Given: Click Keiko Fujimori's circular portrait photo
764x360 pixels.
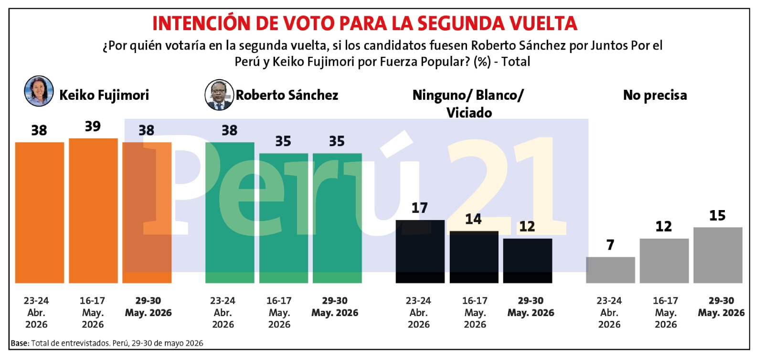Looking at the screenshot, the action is click(x=39, y=91).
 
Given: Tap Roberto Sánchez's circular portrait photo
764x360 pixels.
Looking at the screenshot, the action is click(x=219, y=95).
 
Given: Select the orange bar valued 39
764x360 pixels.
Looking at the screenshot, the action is click(x=93, y=211).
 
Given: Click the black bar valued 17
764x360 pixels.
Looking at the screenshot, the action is click(x=420, y=252).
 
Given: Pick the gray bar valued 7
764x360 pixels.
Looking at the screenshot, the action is click(x=611, y=270).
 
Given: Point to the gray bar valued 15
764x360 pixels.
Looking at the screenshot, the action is click(x=718, y=255).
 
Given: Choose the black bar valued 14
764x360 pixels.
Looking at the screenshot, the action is click(x=474, y=257).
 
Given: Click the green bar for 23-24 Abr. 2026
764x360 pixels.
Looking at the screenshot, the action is click(x=230, y=213).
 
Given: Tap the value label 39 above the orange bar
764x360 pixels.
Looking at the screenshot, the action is click(x=93, y=126).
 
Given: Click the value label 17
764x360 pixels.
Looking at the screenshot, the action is click(x=420, y=208).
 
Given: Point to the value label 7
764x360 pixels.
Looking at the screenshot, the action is click(x=610, y=245).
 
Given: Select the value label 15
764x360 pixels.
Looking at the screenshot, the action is click(x=718, y=215).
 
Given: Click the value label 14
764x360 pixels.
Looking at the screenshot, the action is click(x=473, y=219).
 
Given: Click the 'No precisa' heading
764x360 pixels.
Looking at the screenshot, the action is click(x=655, y=95).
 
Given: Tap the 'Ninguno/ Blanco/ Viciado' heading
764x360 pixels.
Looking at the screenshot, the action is click(x=468, y=104).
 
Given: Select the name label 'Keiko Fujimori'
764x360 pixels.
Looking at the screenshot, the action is click(x=104, y=95).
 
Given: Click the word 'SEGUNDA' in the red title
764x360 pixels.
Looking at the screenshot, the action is click(x=461, y=23).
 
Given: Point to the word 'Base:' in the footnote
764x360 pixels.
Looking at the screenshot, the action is click(x=20, y=343).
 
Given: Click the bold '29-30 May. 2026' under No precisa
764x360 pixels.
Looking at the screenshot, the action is click(x=721, y=307).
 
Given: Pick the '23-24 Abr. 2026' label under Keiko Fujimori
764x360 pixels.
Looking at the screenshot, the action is click(x=36, y=313).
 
